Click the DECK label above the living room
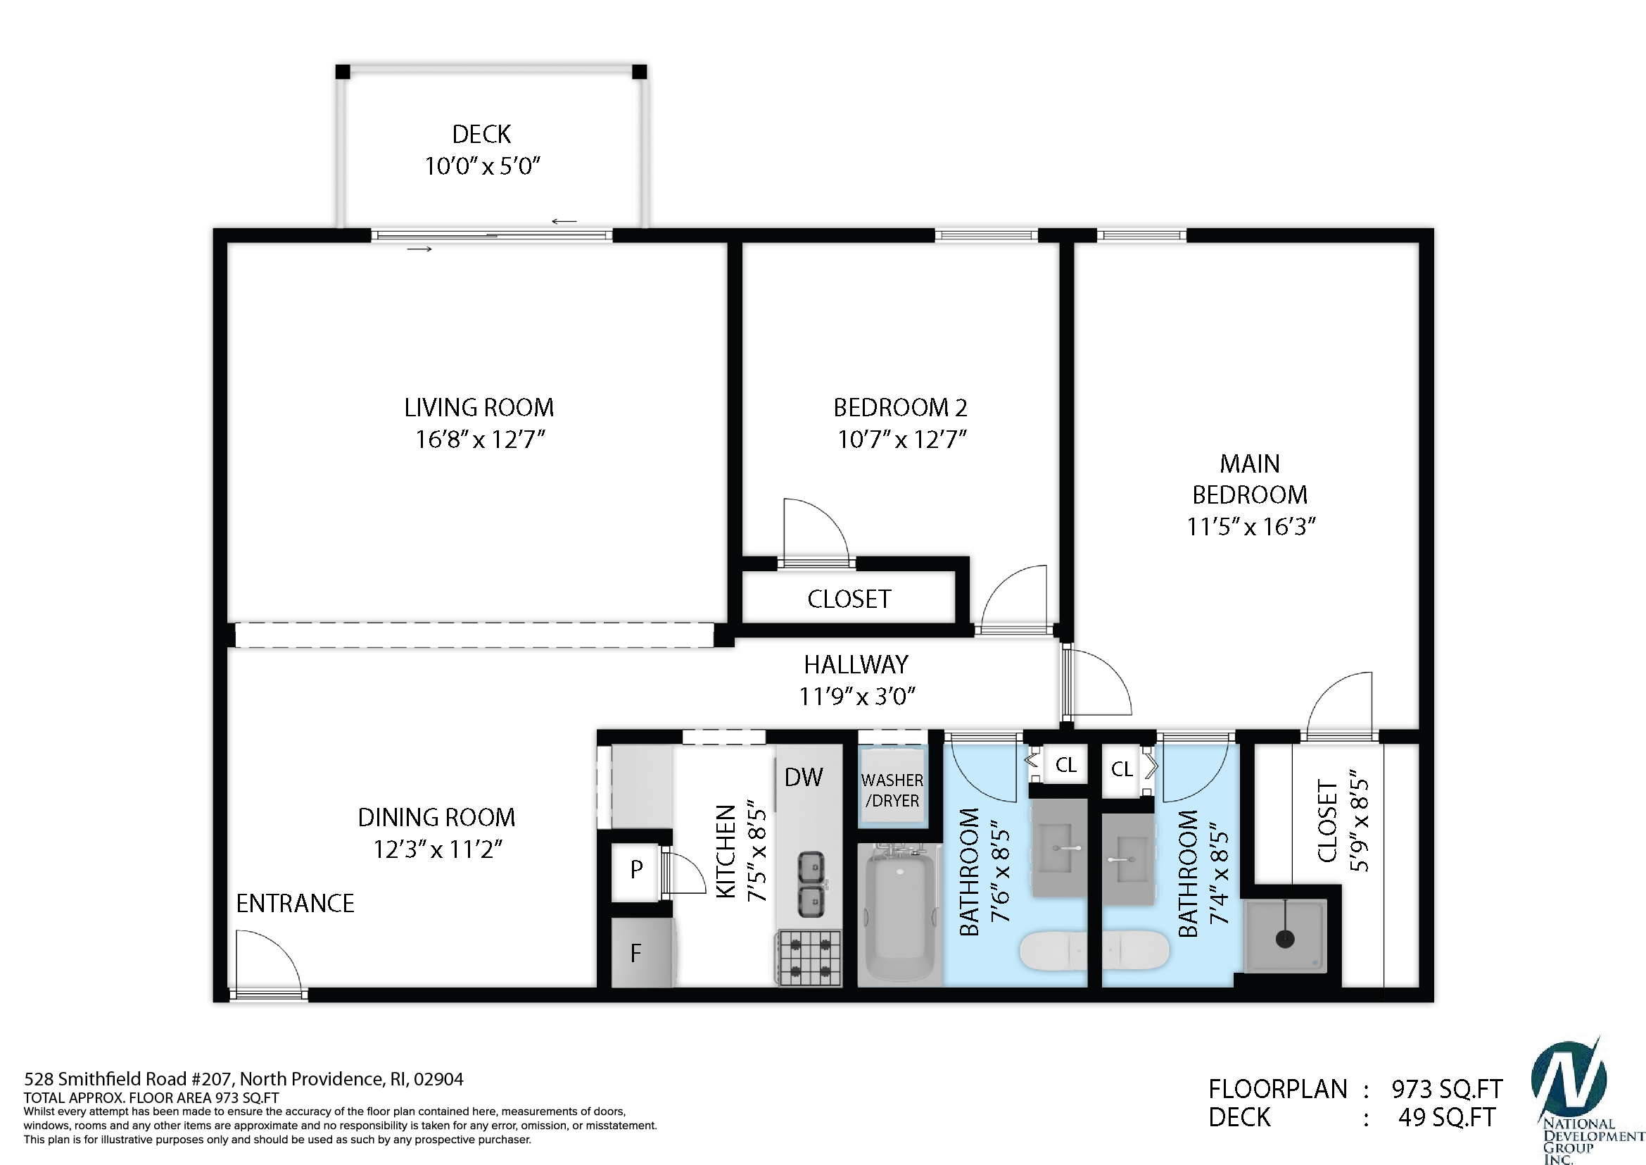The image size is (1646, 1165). (x=481, y=134)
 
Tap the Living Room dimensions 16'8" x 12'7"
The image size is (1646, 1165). (x=481, y=439)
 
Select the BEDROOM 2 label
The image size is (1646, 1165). (x=901, y=407)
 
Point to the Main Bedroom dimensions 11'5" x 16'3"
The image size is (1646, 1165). (x=1251, y=527)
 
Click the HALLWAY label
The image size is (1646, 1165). (x=856, y=664)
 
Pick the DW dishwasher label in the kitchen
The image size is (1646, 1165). (x=804, y=777)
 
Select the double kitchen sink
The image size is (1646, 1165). (x=811, y=884)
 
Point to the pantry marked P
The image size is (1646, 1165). (x=636, y=869)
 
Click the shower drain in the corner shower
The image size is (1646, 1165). (x=1285, y=938)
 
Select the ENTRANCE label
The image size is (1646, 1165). (x=296, y=903)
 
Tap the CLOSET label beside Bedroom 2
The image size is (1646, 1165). (x=849, y=599)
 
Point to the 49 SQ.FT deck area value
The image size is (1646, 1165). (x=1447, y=1118)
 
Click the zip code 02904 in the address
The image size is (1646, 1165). (x=438, y=1079)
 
